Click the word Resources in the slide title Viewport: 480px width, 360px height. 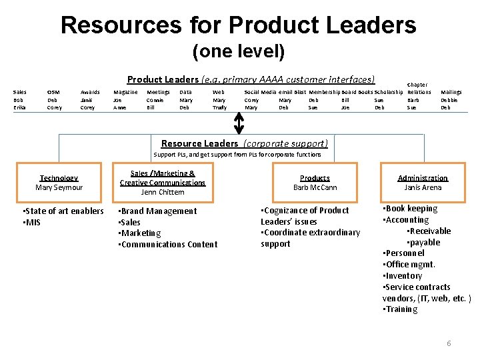click(x=121, y=25)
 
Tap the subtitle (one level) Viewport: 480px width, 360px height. click(x=238, y=51)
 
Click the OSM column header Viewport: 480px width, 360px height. click(x=54, y=92)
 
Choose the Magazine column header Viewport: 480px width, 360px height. click(x=126, y=92)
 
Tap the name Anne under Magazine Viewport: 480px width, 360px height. click(x=120, y=107)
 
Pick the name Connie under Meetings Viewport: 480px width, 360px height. click(x=155, y=100)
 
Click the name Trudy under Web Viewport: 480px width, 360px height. click(x=219, y=107)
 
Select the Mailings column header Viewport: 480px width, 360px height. click(x=451, y=92)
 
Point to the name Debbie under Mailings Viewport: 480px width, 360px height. click(x=449, y=100)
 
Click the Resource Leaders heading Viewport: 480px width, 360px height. click(x=199, y=143)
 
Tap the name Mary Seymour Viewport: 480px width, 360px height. click(x=59, y=187)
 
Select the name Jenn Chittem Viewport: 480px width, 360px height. click(x=163, y=192)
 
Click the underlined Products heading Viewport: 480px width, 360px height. click(x=315, y=178)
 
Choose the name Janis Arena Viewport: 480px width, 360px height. click(x=423, y=187)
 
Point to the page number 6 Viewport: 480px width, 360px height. click(x=449, y=343)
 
